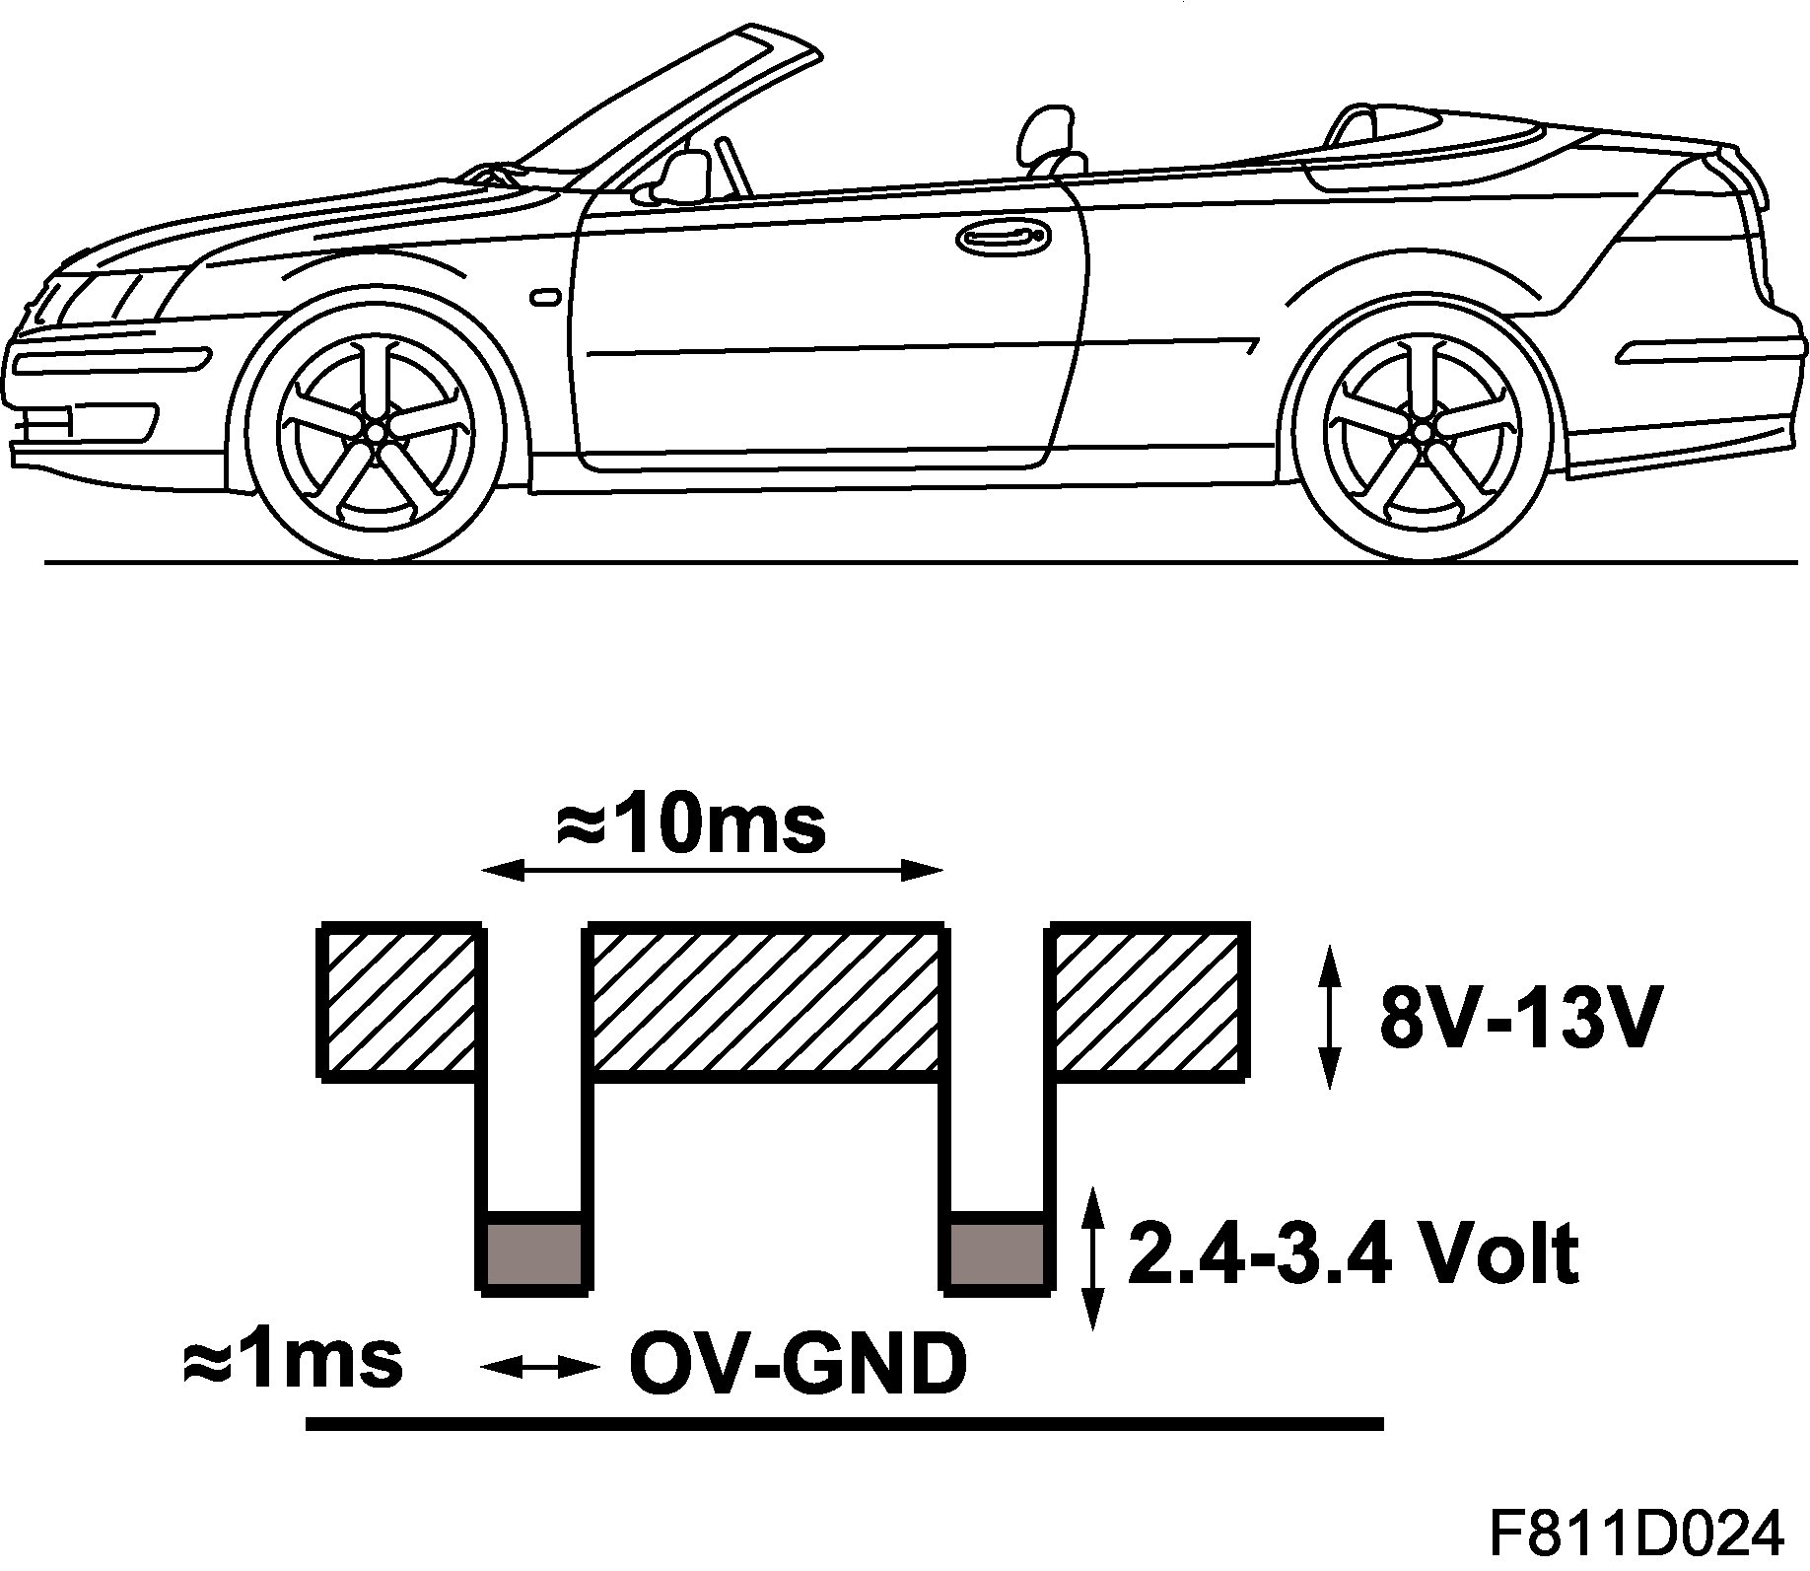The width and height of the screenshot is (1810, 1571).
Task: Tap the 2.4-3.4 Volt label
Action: coord(1354,1253)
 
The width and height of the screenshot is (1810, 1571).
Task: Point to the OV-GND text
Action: coord(797,1365)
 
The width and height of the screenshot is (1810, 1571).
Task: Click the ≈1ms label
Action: coord(293,1361)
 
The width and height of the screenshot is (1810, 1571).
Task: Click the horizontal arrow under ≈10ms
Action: coord(713,870)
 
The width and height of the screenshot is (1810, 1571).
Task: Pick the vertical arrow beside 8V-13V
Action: coord(1330,1016)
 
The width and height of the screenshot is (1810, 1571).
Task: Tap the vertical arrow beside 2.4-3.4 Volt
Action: coord(1092,1259)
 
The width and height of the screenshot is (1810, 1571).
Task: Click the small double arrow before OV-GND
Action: coord(539,1366)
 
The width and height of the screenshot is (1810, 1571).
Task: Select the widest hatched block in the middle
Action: coord(764,1002)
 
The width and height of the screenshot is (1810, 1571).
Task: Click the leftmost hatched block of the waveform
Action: coord(399,1002)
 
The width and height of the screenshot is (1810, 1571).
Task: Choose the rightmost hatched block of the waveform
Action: coord(1148,1002)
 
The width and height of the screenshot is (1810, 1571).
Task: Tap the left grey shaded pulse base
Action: coord(535,1253)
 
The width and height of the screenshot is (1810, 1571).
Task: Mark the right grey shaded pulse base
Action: coord(997,1253)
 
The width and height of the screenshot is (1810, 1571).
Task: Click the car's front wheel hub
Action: coord(376,432)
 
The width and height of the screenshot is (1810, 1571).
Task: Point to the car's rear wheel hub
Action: coord(1422,431)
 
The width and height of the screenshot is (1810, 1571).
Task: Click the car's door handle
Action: coord(1002,238)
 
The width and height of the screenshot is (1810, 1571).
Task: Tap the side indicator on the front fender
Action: coord(544,296)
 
